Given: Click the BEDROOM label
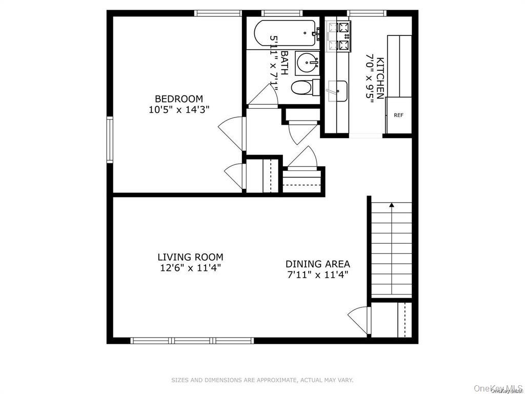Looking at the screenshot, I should click(x=179, y=98).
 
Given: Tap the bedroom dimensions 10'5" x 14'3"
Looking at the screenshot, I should click(x=179, y=109).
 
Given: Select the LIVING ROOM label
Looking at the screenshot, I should click(x=190, y=257).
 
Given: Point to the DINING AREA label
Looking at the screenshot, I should click(x=318, y=264).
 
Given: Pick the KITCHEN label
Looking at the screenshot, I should click(x=380, y=78).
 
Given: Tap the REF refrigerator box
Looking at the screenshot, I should click(x=398, y=115).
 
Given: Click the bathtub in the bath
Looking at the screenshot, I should click(x=284, y=34).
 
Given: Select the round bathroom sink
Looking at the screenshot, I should click(x=307, y=64).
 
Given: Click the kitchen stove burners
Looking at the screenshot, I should click(x=338, y=36).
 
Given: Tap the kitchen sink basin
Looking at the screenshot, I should click(x=337, y=91).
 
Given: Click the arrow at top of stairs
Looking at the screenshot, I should click(x=392, y=205).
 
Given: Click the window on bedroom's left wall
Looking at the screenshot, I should click(x=110, y=140).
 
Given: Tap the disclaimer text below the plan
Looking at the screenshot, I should click(x=262, y=380).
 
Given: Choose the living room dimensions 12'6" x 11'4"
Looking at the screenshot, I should click(x=190, y=267).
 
